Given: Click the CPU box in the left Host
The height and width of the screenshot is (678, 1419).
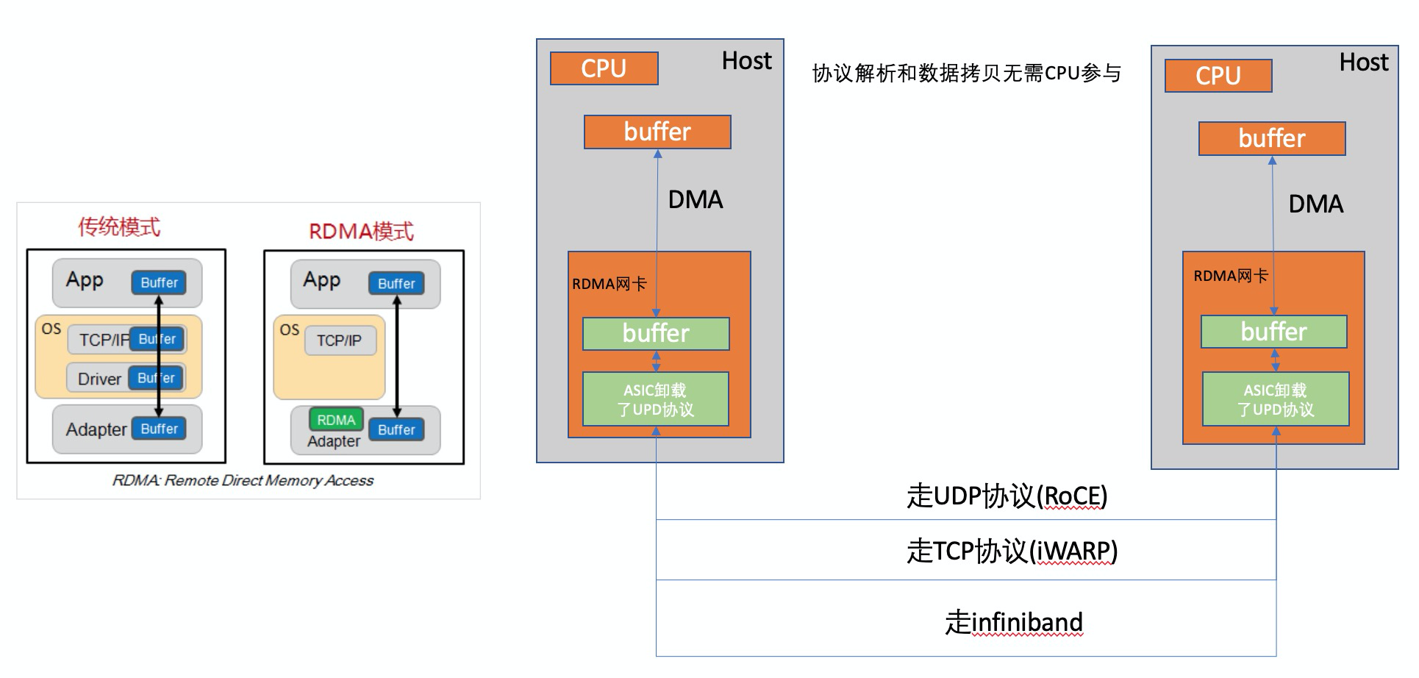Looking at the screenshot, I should (x=604, y=68).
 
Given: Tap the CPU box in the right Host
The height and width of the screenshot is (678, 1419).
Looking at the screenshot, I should (x=1218, y=76).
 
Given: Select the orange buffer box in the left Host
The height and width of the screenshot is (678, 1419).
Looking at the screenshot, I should (x=657, y=132).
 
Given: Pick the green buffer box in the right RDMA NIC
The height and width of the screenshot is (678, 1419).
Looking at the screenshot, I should (x=1273, y=332).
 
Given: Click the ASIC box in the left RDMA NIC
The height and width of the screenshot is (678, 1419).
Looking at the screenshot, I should (x=655, y=399).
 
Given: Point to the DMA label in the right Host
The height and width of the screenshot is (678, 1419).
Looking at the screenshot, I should (x=1315, y=204).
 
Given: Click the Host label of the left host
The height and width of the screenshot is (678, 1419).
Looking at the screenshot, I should (x=746, y=61).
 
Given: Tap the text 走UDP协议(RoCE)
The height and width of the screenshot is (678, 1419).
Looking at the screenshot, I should (x=1007, y=496).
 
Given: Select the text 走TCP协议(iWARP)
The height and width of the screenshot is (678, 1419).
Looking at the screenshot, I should (x=1012, y=551).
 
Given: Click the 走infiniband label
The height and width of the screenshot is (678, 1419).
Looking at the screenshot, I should (x=1013, y=622).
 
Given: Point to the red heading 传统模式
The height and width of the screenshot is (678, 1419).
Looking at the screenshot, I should (x=119, y=226).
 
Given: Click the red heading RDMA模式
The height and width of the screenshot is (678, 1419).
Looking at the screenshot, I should (x=361, y=232).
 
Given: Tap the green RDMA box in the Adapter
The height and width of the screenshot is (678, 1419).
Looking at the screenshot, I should (x=336, y=420).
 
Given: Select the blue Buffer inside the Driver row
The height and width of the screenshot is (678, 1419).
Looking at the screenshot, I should (x=157, y=378).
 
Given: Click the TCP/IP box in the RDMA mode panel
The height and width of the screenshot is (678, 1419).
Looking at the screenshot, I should (x=339, y=340).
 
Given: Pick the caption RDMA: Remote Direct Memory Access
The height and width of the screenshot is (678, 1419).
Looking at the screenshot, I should (x=243, y=480).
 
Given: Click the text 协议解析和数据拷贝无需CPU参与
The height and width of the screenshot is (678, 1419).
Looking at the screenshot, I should (x=966, y=74).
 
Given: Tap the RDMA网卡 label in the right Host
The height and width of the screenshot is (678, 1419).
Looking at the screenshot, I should (x=1230, y=276).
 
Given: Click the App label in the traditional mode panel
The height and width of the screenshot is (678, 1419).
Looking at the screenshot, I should (x=85, y=280).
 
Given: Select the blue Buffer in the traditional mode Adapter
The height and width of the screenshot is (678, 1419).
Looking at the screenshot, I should (x=159, y=429).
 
